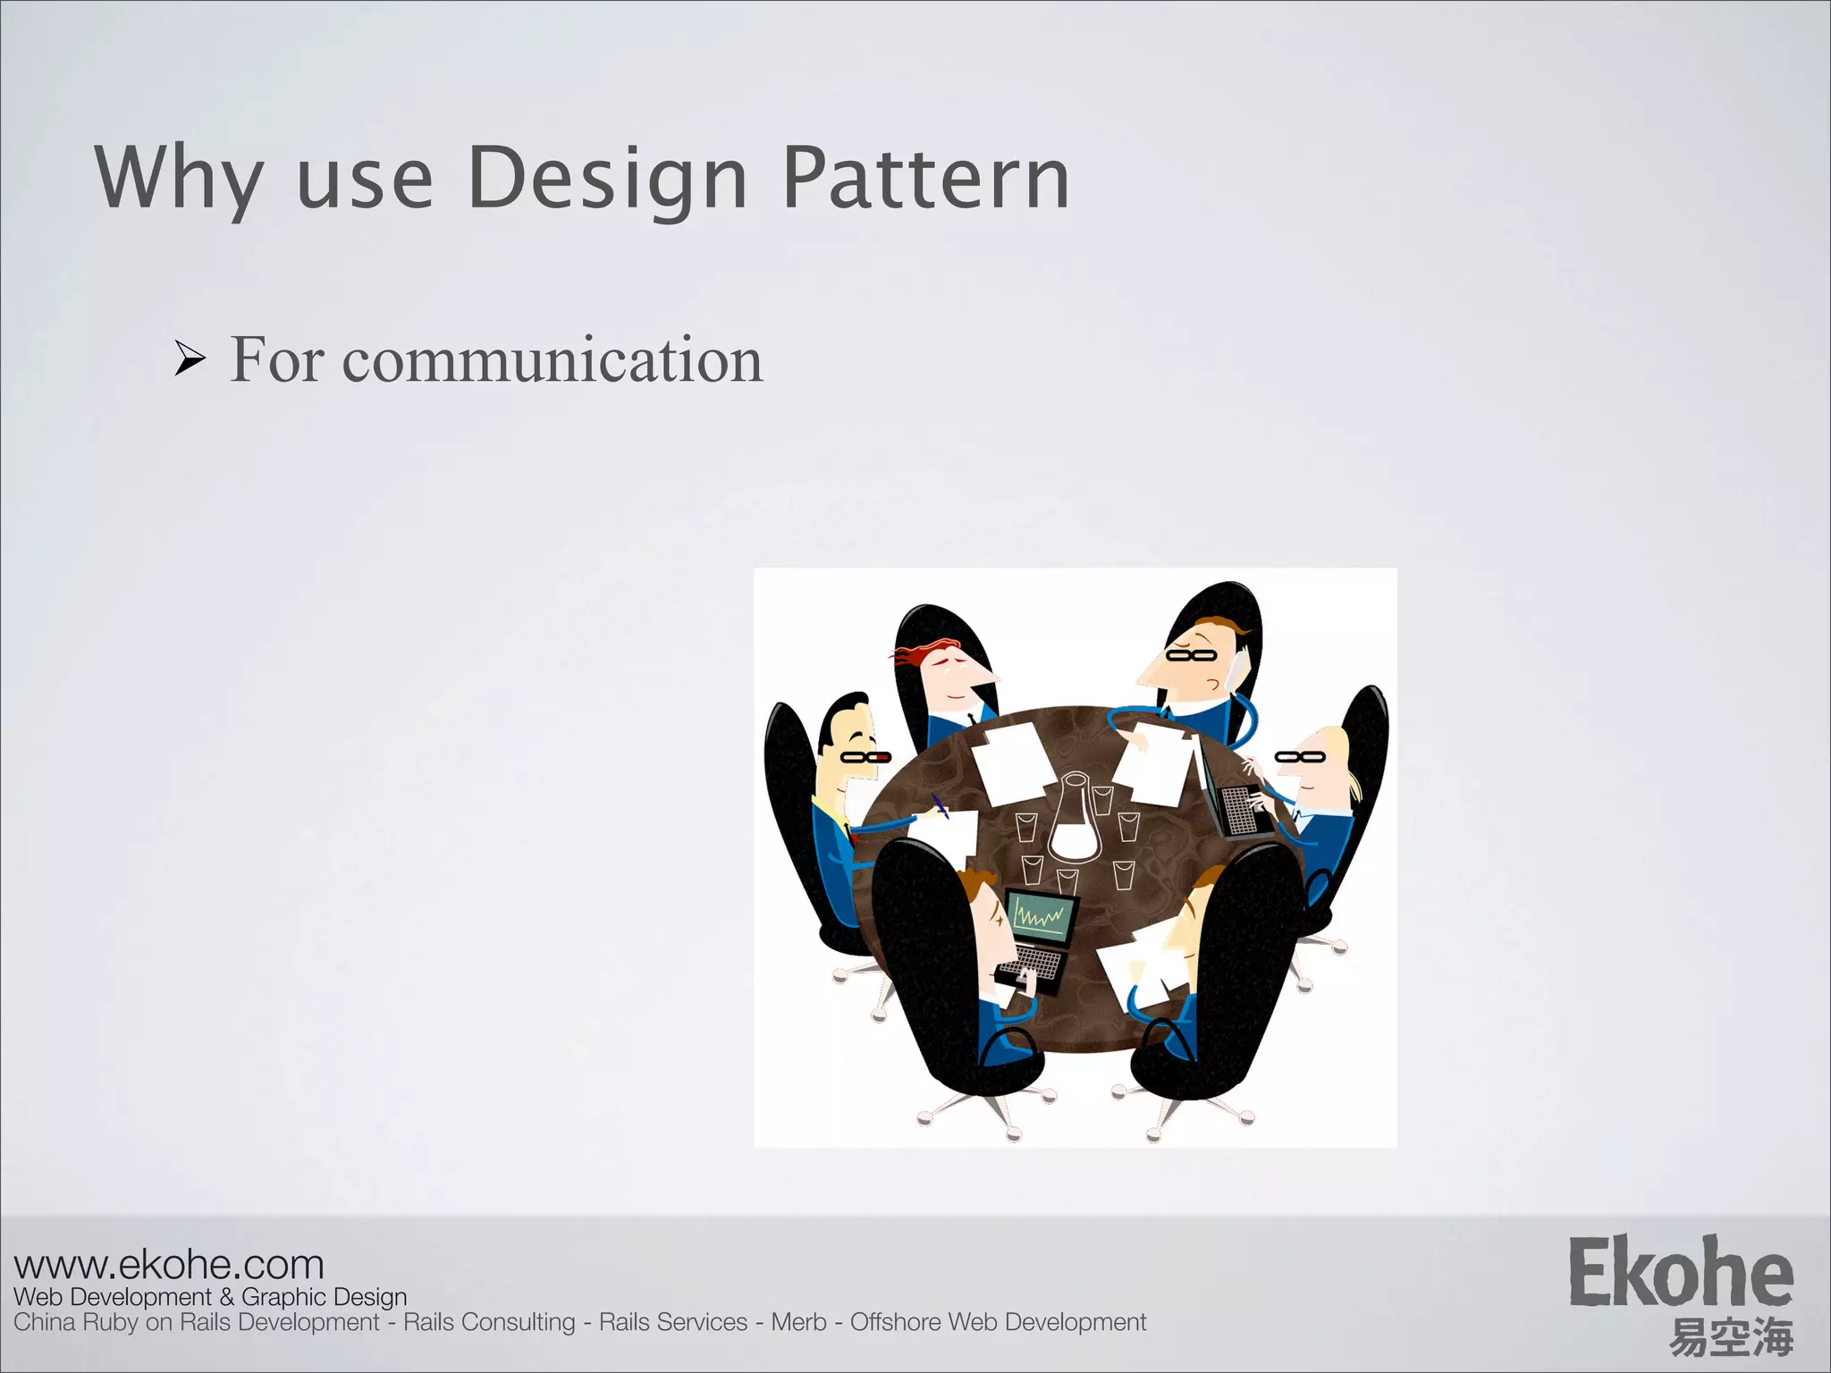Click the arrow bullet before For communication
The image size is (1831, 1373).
[190, 360]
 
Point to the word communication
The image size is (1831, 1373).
[552, 360]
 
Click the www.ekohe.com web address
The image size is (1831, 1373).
[169, 1265]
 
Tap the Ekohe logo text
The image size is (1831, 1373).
[1681, 1273]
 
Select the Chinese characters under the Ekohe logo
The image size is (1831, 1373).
[1731, 1337]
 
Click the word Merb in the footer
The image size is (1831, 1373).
[798, 1322]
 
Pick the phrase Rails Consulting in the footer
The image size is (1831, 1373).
[489, 1322]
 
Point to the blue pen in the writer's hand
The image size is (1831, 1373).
[939, 804]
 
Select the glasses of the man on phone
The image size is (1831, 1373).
[1191, 655]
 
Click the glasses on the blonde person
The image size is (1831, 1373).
[1300, 757]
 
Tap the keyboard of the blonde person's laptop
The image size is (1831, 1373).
[1238, 809]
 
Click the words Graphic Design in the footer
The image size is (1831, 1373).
[324, 1297]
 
